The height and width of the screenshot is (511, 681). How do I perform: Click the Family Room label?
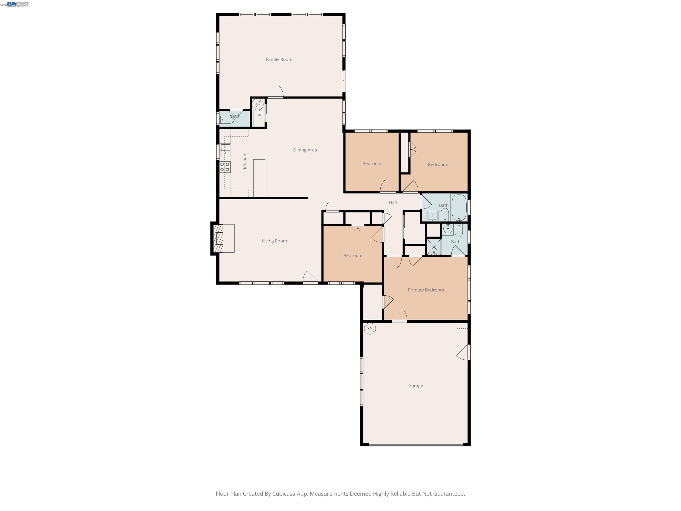(x=279, y=59)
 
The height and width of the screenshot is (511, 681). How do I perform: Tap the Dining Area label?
(x=305, y=150)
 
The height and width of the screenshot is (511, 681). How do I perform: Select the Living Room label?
(x=274, y=241)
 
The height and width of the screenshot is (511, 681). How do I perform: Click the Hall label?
(x=393, y=202)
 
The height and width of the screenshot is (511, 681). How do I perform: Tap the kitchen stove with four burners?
(x=225, y=167)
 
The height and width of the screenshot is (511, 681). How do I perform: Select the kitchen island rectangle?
(x=259, y=178)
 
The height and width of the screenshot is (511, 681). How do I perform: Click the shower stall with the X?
(x=434, y=247)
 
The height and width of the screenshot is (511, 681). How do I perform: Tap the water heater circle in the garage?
(x=370, y=329)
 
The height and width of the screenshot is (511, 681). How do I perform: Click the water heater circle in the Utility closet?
(x=258, y=104)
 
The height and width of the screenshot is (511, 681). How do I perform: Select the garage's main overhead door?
(x=416, y=444)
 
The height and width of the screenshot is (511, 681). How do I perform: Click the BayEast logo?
(x=18, y=4)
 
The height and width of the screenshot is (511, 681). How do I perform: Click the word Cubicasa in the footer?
(x=284, y=494)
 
